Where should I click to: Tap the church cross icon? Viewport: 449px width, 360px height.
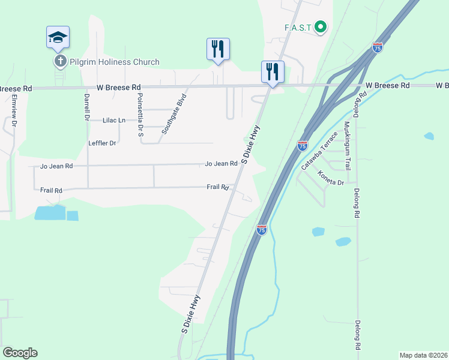tap(60, 61)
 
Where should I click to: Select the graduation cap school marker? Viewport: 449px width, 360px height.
tap(58, 38)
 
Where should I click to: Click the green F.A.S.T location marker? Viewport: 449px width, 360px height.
tap(321, 26)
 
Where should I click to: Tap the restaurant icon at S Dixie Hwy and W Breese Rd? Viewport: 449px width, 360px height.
tap(273, 72)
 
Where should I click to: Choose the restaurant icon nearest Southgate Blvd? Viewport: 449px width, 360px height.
tap(218, 50)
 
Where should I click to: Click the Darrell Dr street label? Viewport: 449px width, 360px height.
tap(86, 104)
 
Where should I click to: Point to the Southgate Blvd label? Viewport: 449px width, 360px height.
tap(174, 113)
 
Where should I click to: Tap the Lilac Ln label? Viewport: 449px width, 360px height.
tap(114, 120)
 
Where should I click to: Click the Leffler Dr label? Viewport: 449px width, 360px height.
tap(102, 143)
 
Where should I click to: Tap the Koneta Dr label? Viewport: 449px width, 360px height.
tap(331, 178)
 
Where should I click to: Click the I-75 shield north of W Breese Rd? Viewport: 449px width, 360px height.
tap(377, 47)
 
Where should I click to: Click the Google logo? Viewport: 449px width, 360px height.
tap(20, 353)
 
